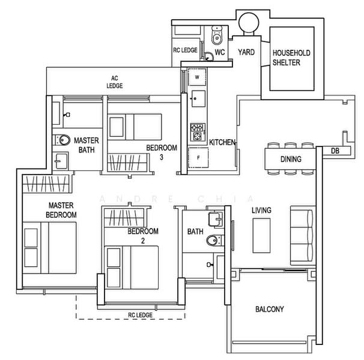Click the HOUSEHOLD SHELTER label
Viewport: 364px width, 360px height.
point(291,58)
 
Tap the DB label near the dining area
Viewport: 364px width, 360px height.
point(335,151)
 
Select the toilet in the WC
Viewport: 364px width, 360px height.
point(217,35)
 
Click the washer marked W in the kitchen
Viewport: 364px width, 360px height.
point(197,77)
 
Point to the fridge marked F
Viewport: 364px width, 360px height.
point(198,158)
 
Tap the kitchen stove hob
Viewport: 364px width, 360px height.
point(198,132)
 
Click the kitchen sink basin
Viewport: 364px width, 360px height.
point(198,98)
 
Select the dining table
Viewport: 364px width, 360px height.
point(291,159)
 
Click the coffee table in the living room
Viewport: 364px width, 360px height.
point(261,235)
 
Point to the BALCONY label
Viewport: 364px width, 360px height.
point(270,309)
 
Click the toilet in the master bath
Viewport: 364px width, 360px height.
point(62,140)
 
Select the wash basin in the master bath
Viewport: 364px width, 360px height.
point(61,161)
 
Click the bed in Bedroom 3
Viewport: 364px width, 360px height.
point(135,127)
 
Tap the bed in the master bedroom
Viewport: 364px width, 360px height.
point(49,248)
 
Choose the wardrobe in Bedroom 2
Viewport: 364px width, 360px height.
point(124,218)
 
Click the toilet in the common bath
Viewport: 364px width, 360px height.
point(214,240)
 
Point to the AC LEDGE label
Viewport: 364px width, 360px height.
point(115,82)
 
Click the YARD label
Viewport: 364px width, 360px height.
point(246,52)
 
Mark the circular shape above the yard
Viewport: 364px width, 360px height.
point(249,23)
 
